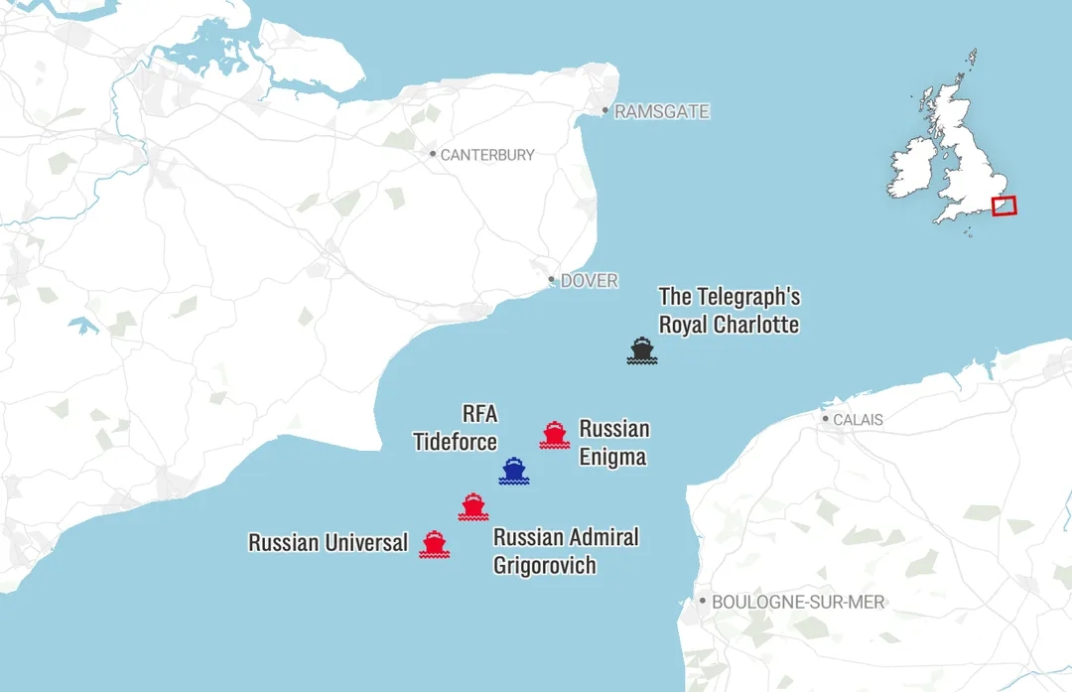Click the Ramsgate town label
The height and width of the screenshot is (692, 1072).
(662, 112)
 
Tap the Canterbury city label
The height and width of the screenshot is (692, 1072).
(486, 155)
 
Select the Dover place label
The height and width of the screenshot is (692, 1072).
(589, 281)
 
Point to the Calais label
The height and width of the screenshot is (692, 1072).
(858, 420)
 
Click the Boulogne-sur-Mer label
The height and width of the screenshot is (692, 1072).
(798, 602)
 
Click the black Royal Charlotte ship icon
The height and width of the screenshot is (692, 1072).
(642, 350)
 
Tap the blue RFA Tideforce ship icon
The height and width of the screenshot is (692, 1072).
(513, 471)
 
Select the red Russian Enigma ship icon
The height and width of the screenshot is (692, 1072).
(554, 435)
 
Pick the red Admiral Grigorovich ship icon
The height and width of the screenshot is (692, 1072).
(473, 506)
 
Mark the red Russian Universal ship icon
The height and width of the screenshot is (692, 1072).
(434, 543)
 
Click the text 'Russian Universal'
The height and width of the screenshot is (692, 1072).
(328, 543)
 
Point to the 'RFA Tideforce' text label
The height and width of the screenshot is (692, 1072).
(456, 428)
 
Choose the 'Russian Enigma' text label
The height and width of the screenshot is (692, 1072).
(614, 443)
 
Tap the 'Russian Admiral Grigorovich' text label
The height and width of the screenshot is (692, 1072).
(566, 551)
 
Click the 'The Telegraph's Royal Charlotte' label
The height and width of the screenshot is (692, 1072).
(729, 311)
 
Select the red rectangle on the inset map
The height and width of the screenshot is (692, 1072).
(1004, 206)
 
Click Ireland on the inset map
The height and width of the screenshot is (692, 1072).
(911, 168)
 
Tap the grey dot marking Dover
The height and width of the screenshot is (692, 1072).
(552, 281)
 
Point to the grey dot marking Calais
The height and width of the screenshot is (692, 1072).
(825, 419)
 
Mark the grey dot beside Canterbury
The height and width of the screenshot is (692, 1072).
(433, 154)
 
